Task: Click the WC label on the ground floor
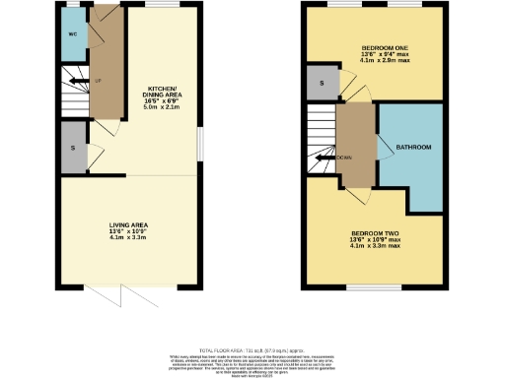72,34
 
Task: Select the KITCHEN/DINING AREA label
161,90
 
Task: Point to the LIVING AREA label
127,225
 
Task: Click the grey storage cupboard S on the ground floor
72,149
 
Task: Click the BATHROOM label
412,148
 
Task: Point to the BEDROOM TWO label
374,232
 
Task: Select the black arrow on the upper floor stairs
324,157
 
